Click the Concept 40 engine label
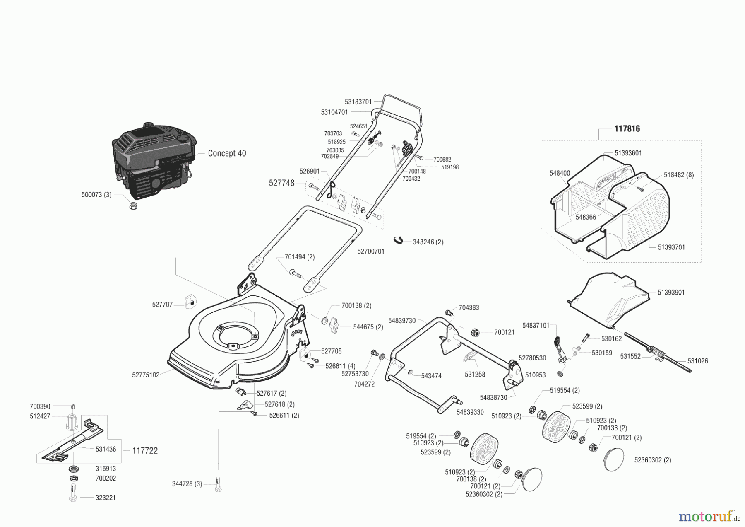click(227, 153)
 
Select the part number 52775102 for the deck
click(146, 375)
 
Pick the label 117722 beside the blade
click(145, 451)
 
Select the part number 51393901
click(671, 293)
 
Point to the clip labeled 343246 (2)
click(398, 240)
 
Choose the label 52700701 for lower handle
click(371, 251)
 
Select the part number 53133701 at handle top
click(358, 102)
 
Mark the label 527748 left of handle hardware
click(281, 183)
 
